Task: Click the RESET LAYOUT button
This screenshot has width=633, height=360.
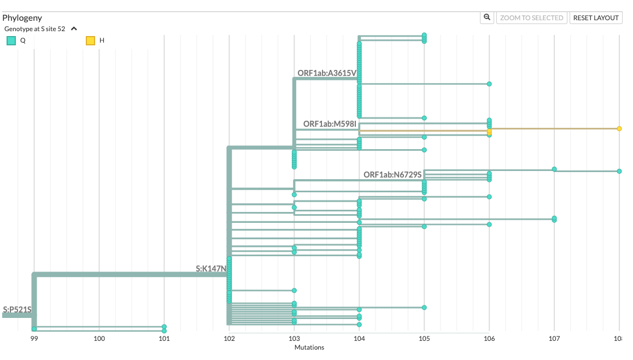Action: coord(596,18)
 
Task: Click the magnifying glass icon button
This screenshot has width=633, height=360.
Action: coord(487,17)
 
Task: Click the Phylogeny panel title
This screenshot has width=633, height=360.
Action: coord(22,18)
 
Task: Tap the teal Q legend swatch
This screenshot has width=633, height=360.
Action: coord(11,40)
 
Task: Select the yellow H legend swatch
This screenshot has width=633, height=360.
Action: coord(90,40)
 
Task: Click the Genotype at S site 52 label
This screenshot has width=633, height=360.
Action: coord(34,29)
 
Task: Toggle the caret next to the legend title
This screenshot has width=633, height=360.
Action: coord(74,29)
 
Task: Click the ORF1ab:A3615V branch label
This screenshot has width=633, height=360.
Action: coord(326,73)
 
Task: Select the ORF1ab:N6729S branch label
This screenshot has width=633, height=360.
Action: coord(392,175)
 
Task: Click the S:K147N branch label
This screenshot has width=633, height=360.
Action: coord(211,269)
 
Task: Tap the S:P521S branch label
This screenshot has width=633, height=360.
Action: coord(17,310)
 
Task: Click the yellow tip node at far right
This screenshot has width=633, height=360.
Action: coord(619,129)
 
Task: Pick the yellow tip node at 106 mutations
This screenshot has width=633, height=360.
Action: coord(489,132)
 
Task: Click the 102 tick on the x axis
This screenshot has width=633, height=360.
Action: coord(229,339)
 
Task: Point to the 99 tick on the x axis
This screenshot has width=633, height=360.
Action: coord(34,339)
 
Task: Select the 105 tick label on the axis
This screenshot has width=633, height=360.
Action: coord(424,339)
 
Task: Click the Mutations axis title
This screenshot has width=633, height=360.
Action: coord(309,347)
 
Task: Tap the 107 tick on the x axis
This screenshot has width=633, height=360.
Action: coord(554,339)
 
